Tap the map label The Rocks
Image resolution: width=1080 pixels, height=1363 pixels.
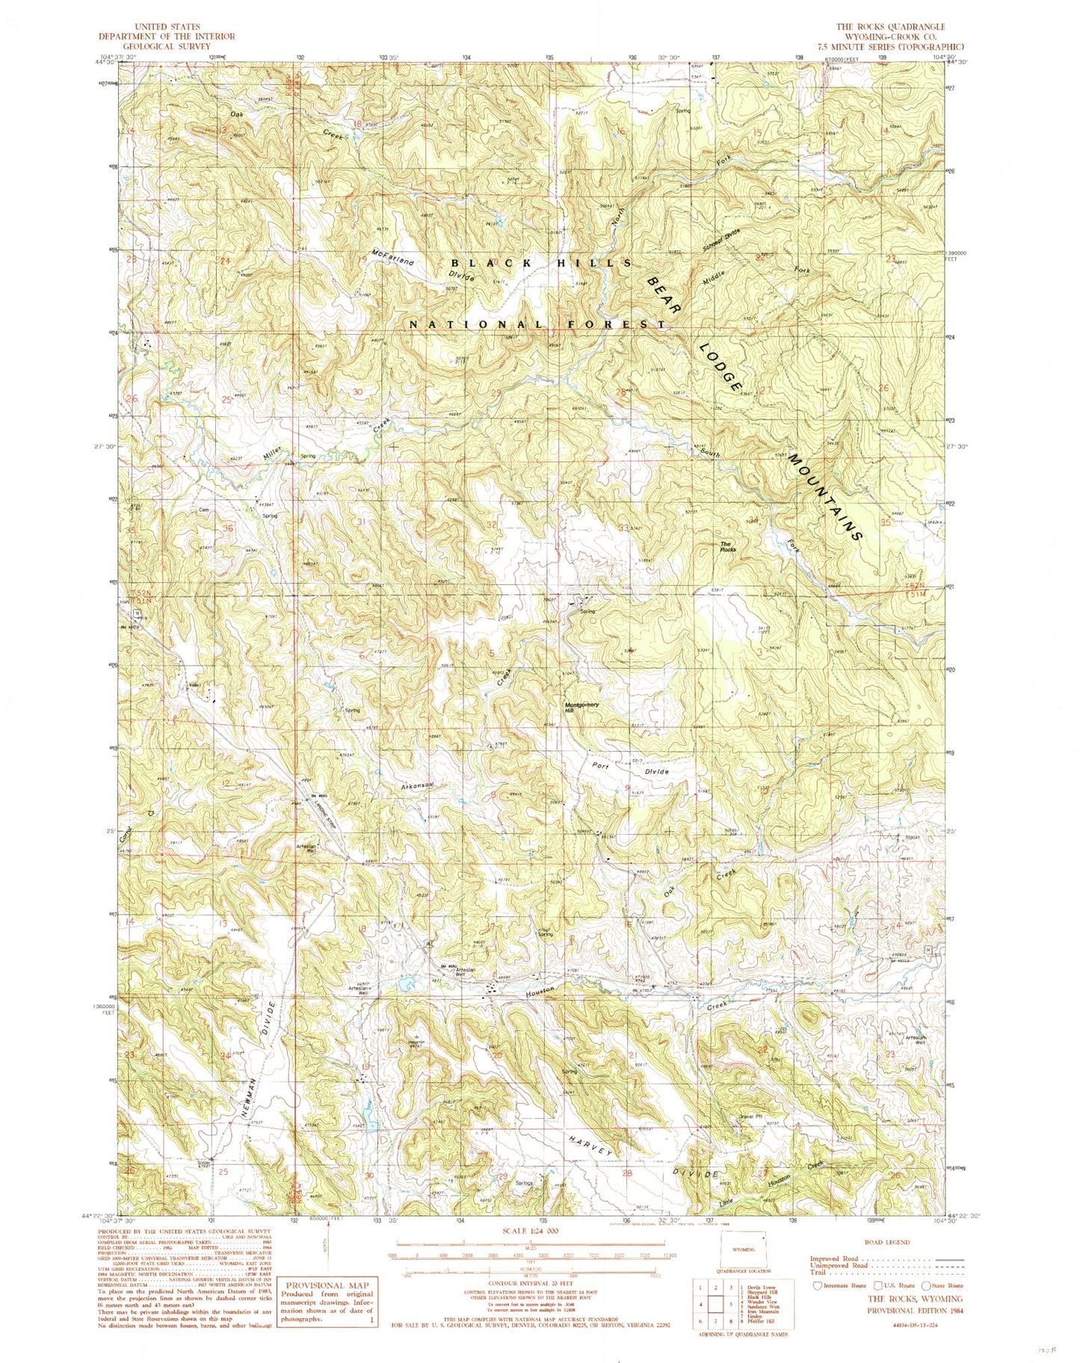tap(728, 546)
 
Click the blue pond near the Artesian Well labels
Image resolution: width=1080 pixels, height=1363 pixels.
tap(406, 984)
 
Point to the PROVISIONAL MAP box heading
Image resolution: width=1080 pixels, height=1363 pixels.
tap(327, 1285)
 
